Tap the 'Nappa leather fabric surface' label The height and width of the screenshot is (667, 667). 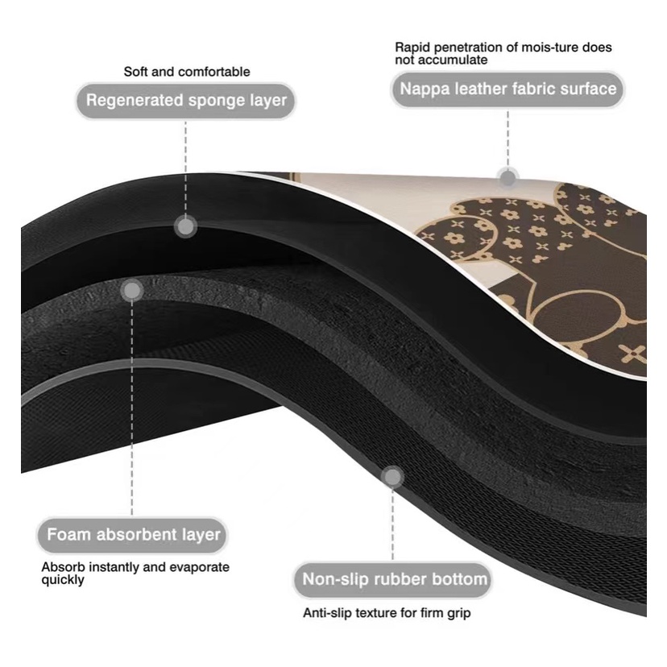[x=507, y=89]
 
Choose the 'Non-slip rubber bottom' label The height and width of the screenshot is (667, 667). [x=394, y=578]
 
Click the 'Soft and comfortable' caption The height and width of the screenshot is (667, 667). [x=187, y=72]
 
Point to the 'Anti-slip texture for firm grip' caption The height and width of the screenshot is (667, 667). [x=387, y=613]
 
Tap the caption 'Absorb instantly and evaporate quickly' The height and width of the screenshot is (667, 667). [x=135, y=573]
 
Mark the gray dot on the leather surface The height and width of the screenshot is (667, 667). [x=507, y=176]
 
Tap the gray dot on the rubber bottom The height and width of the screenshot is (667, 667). [x=393, y=477]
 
